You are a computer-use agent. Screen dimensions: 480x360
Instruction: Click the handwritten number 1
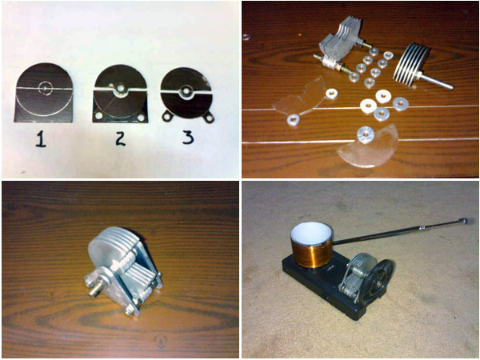(41, 138)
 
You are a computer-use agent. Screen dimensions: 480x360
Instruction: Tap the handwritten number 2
(120, 138)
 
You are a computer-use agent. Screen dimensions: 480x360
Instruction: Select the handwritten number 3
(188, 137)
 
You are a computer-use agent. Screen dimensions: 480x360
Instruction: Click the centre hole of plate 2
(121, 88)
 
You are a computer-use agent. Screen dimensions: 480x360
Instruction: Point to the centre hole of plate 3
(186, 91)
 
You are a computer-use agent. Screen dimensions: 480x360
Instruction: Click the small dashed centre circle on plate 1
(45, 88)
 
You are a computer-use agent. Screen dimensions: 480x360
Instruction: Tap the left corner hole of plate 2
(99, 116)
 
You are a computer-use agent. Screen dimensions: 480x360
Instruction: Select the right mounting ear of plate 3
(209, 117)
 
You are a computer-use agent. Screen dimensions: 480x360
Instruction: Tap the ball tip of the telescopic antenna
(464, 219)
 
